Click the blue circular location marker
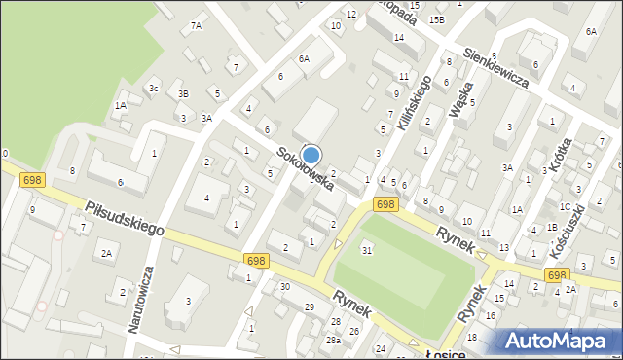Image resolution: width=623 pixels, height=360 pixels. tap(311, 155)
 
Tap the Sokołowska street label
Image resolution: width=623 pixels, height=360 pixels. tap(305, 168)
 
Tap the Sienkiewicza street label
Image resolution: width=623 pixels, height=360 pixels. tap(495, 68)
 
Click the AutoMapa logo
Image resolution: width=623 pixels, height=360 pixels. tap(558, 341)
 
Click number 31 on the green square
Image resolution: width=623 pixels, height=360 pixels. tap(367, 251)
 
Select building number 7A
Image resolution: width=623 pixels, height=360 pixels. tap(196, 25)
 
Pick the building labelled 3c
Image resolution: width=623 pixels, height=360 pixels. tap(154, 89)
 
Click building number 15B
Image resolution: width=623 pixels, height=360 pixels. tap(437, 19)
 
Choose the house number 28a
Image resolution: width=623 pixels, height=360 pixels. tap(333, 340)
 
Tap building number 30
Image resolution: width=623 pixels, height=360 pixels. tap(284, 286)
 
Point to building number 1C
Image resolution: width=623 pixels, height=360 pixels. tap(565, 206)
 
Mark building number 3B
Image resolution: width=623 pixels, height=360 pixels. tap(183, 94)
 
